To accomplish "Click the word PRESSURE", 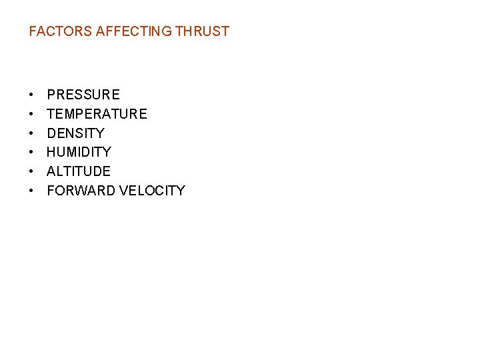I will (x=83, y=95).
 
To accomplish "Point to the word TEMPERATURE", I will (x=97, y=114).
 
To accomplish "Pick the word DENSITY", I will (x=75, y=133).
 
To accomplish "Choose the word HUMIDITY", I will (x=79, y=153).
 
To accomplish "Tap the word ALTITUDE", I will (x=79, y=171).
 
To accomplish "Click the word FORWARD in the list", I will (x=81, y=191).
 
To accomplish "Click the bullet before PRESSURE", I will (x=32, y=95).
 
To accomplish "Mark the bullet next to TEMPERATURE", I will (x=32, y=114).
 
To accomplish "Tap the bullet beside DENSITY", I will (x=32, y=133).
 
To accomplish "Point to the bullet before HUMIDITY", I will (x=32, y=153).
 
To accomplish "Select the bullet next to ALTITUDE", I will (x=32, y=171).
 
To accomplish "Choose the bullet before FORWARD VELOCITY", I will (x=32, y=191).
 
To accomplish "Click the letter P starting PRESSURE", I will (x=51, y=95).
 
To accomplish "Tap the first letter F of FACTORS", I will (x=33, y=31).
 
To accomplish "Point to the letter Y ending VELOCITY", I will (x=181, y=191).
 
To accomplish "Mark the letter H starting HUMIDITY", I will (x=51, y=153).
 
